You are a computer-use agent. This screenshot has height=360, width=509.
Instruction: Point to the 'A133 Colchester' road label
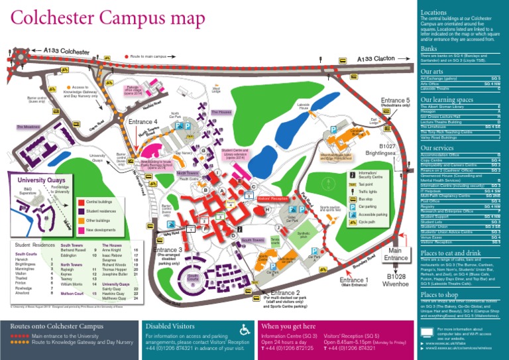point(66,50)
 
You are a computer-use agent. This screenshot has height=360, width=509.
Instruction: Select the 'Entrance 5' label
point(396,100)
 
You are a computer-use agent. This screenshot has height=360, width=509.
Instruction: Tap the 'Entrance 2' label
point(285,292)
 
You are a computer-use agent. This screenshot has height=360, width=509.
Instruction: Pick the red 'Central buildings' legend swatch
point(81,201)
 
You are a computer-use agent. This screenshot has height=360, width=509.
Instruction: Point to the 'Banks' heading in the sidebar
point(429,49)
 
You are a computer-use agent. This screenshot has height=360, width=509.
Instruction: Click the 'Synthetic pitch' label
point(304,235)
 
